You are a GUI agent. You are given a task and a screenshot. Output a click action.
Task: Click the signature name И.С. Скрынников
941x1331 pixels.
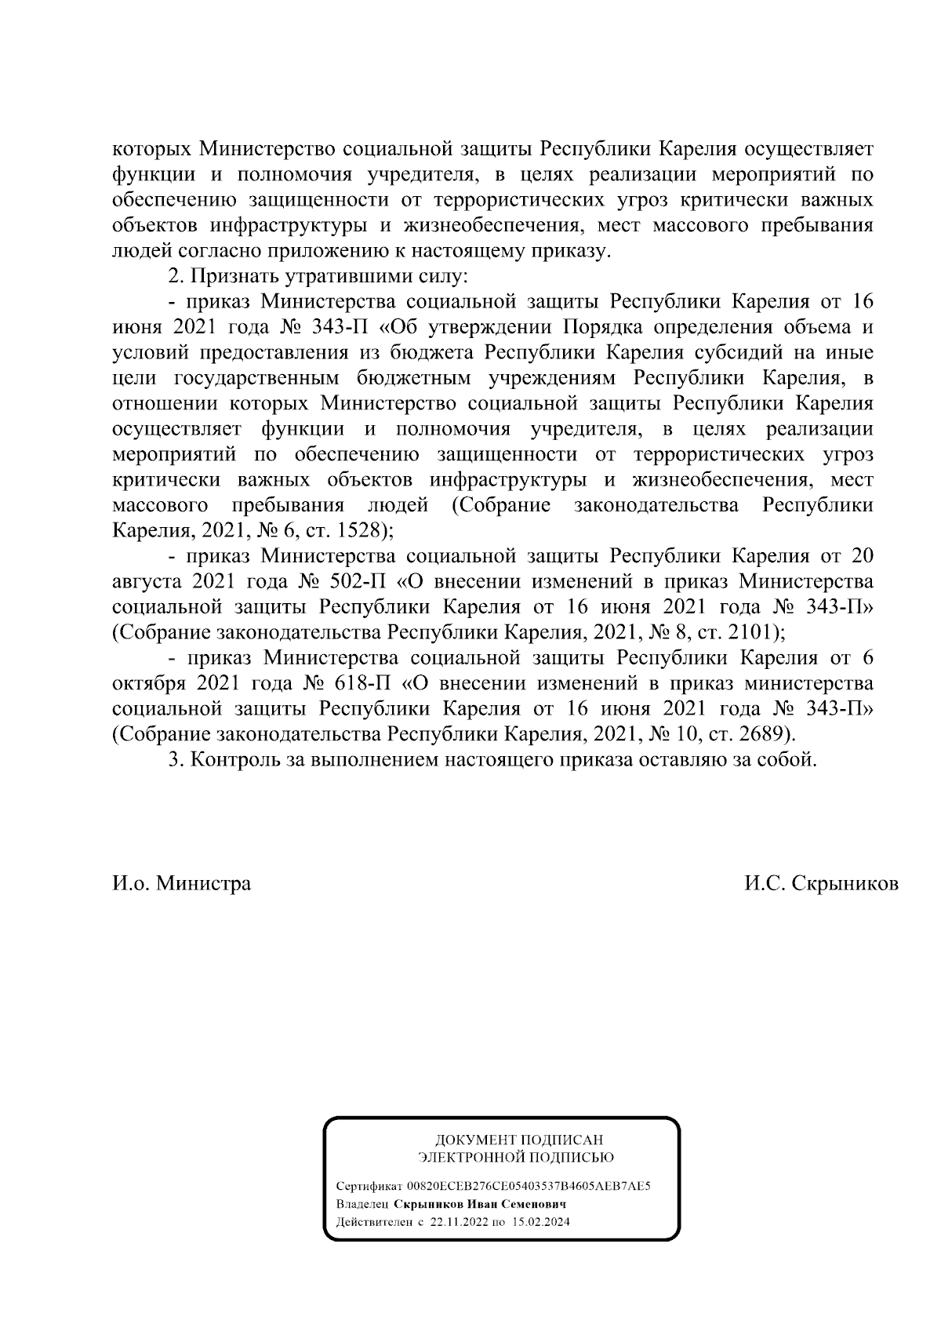point(821,884)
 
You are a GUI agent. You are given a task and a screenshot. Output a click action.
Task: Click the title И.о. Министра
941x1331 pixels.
point(182,884)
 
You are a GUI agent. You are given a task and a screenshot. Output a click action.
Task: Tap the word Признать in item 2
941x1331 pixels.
point(234,276)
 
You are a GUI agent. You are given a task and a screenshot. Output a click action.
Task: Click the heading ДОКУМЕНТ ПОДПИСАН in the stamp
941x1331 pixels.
point(519,1140)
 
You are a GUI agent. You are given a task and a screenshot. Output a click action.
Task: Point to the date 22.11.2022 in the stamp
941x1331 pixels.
point(459,1222)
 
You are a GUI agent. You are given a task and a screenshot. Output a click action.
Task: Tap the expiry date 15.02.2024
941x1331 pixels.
point(541,1222)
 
